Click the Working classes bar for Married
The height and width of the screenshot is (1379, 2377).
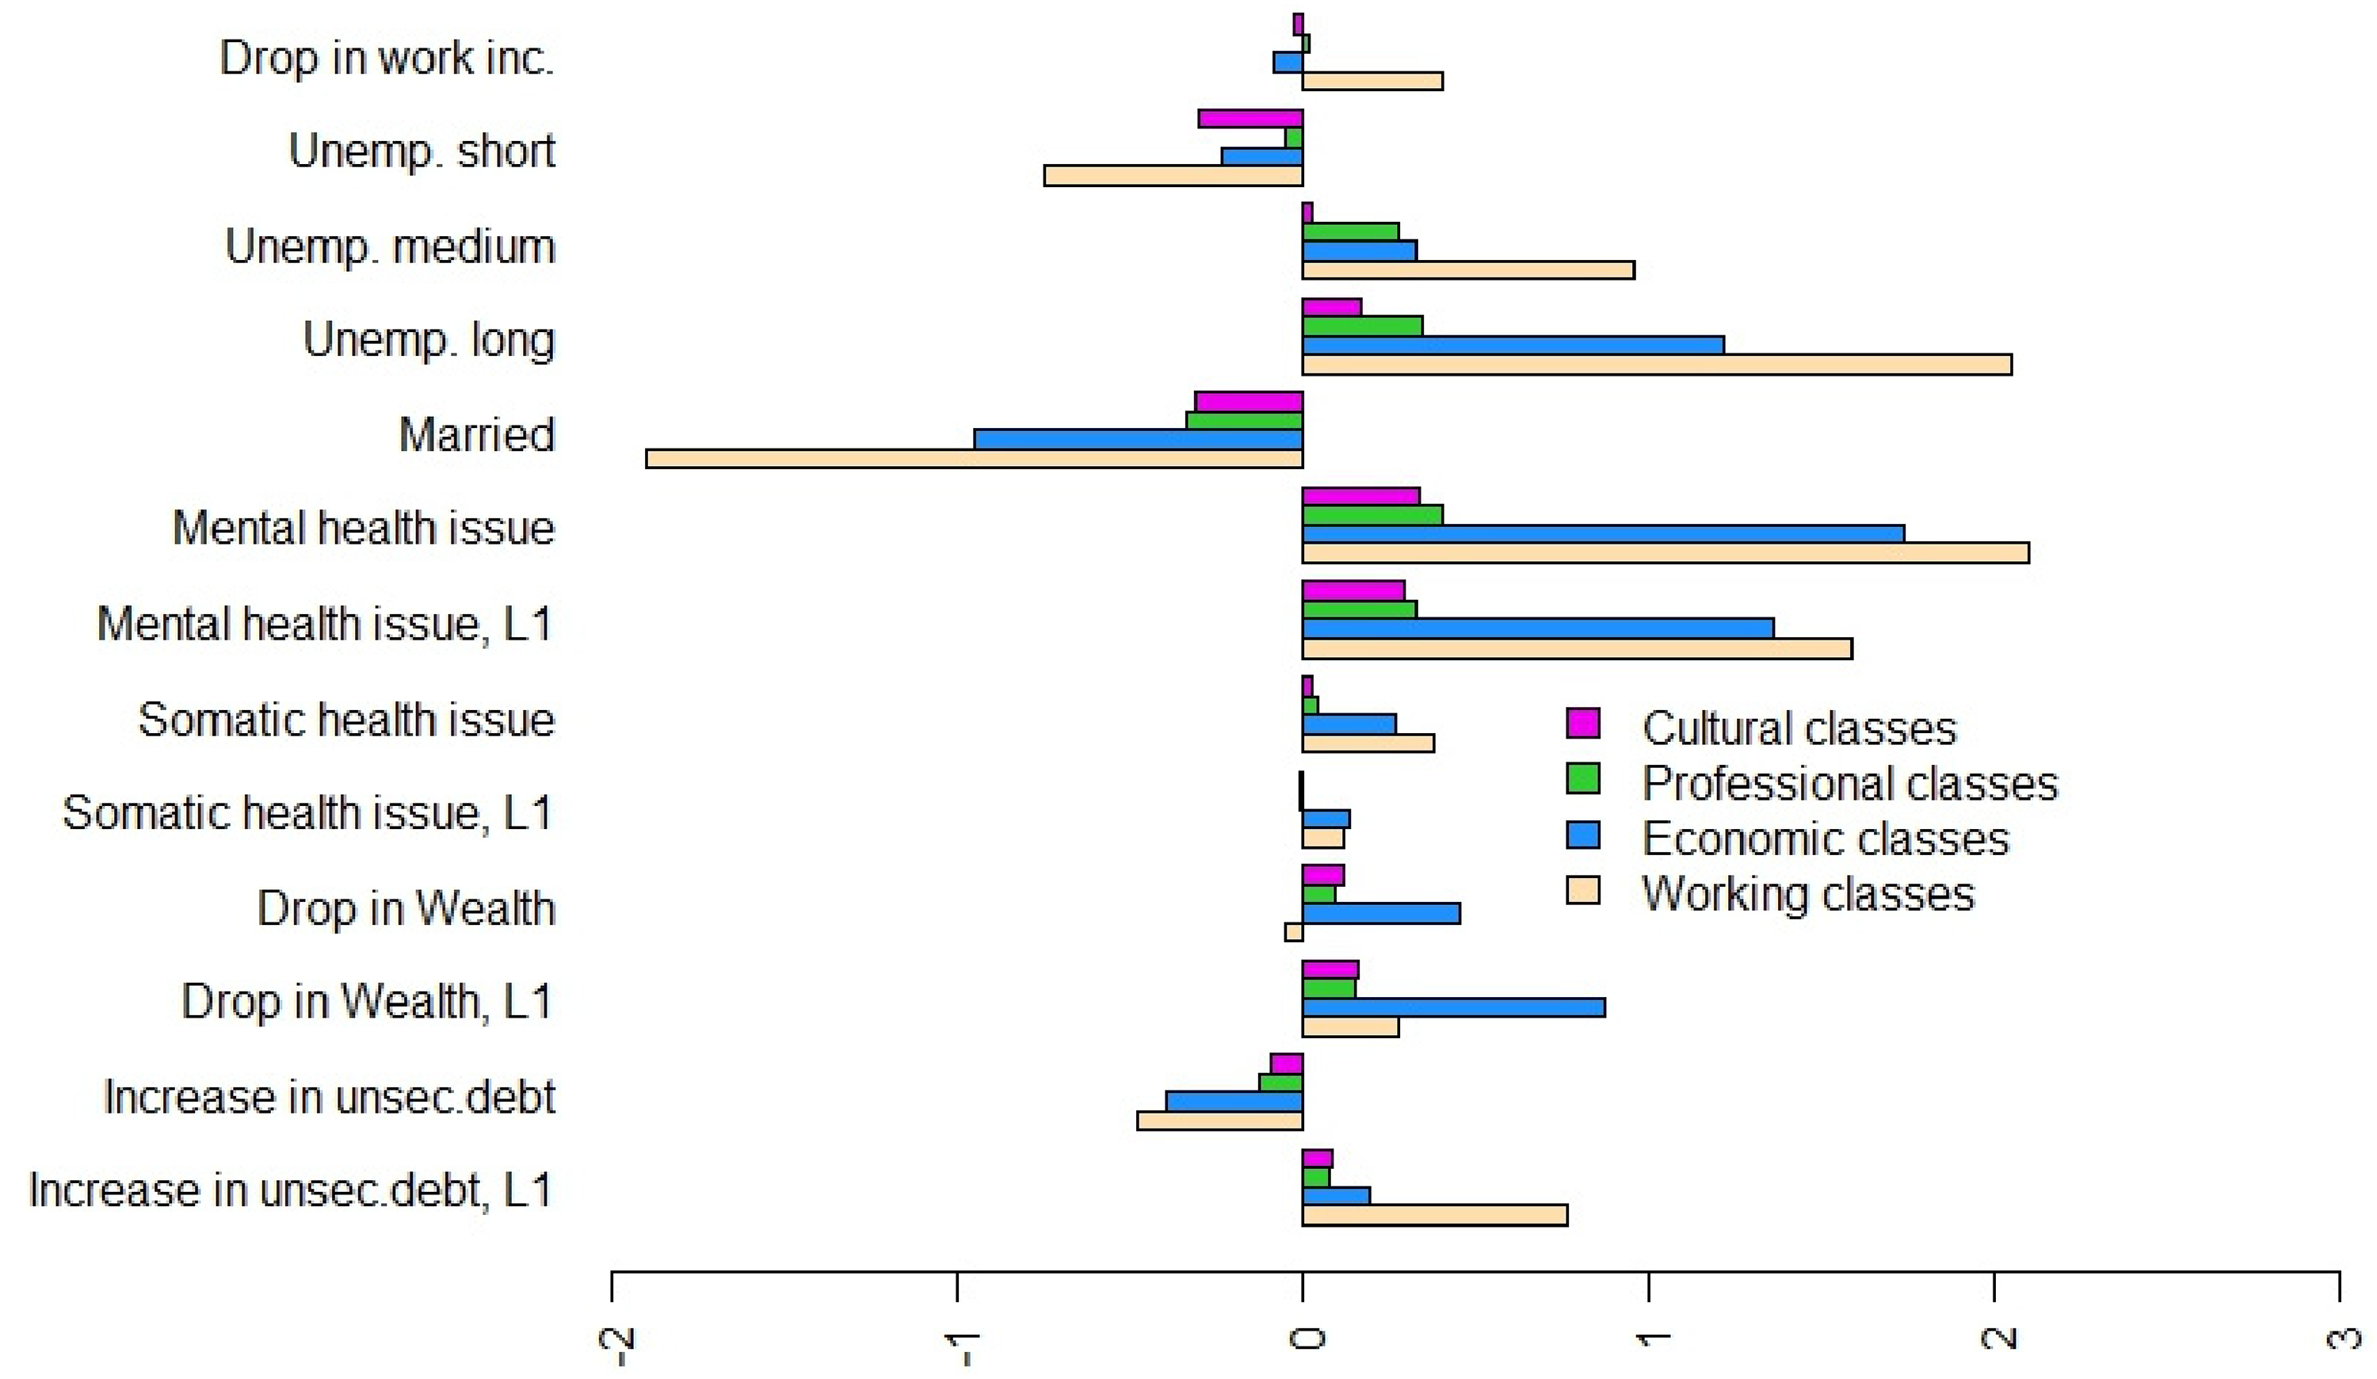(975, 458)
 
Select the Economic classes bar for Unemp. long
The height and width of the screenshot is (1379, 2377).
(1513, 346)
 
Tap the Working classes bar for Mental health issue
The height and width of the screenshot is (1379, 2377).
(1665, 552)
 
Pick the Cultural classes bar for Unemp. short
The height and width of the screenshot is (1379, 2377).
(1251, 119)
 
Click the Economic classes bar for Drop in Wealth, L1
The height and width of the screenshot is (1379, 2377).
(1454, 1007)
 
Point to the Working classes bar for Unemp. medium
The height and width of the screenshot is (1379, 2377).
(1469, 269)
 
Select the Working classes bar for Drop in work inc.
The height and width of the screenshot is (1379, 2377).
(1372, 81)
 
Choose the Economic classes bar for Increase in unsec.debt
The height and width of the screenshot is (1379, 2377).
(1234, 1102)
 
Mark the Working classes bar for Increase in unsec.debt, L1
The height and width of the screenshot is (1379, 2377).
(1435, 1216)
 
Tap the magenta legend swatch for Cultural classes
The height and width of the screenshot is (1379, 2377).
(1583, 724)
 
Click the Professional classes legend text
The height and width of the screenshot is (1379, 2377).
(1850, 784)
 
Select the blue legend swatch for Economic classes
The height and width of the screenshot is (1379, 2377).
(1583, 835)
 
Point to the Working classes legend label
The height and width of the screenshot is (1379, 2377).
(1808, 893)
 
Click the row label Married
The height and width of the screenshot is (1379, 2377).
(476, 435)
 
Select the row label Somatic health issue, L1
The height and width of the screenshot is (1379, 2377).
(307, 813)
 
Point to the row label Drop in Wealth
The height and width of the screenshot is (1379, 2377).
(406, 908)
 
